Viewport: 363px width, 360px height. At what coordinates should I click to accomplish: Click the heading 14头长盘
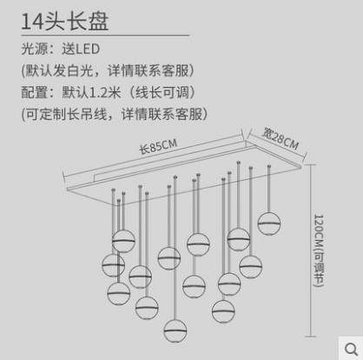tap(65, 22)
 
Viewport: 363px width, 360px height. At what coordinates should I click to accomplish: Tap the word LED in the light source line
tap(88, 49)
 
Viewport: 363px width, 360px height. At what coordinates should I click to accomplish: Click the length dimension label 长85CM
tap(158, 147)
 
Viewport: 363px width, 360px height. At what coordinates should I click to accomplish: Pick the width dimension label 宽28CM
tap(280, 138)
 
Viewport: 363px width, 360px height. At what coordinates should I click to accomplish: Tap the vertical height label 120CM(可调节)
tap(319, 250)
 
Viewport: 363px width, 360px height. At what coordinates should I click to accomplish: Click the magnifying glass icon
tap(351, 349)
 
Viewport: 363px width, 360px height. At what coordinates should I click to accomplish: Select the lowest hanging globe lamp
tap(175, 330)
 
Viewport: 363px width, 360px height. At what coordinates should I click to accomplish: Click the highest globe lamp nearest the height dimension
tap(269, 223)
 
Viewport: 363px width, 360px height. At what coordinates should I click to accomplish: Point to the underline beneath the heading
tap(105, 36)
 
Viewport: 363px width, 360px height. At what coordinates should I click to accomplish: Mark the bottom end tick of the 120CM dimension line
tap(311, 337)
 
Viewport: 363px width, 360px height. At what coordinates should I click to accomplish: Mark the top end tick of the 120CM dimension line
tap(311, 164)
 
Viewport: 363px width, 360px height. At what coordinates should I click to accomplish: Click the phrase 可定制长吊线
tap(67, 114)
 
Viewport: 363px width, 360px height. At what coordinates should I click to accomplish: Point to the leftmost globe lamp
tap(113, 265)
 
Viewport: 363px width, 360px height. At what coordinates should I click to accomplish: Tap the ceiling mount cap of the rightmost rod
tap(269, 166)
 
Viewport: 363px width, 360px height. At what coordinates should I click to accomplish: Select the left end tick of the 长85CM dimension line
tap(63, 177)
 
